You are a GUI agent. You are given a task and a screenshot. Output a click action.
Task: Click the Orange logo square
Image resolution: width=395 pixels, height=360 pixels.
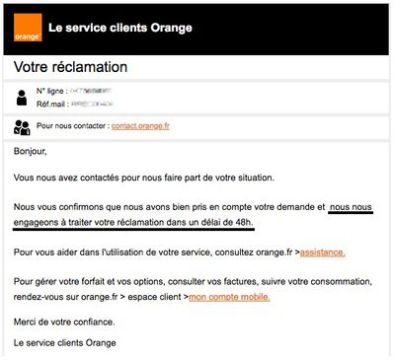pyautogui.click(x=28, y=30)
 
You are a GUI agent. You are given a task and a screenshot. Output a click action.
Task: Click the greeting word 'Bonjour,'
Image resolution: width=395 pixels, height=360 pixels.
pyautogui.click(x=31, y=152)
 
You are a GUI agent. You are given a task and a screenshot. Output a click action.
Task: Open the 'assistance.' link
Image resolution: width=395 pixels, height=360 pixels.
pyautogui.click(x=322, y=252)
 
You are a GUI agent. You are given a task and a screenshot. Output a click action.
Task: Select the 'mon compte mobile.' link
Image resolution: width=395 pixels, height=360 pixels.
pyautogui.click(x=229, y=296)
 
